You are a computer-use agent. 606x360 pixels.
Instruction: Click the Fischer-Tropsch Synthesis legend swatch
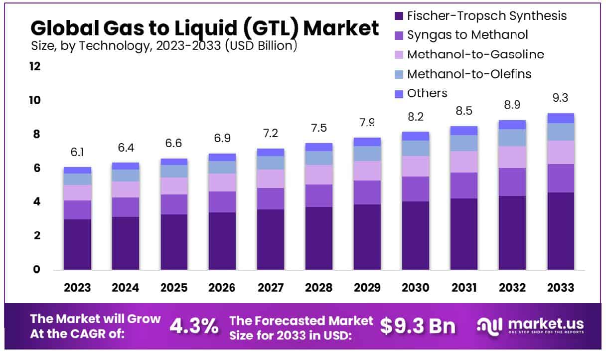399,16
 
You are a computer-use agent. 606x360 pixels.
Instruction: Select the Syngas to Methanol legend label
467,35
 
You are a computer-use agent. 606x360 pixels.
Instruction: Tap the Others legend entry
427,93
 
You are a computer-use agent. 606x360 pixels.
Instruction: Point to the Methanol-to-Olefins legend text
469,74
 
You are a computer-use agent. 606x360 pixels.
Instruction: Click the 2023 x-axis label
77,288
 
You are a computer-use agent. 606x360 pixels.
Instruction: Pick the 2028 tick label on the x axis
319,288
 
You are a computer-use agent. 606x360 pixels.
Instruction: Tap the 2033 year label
561,288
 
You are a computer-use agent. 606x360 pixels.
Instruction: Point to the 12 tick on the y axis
35,67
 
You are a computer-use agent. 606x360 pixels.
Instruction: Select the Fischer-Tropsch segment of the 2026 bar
222,241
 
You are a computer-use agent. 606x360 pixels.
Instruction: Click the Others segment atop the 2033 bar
561,118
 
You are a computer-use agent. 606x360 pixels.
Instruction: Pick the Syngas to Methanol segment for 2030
416,189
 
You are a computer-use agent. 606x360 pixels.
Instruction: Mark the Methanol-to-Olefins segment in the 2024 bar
126,176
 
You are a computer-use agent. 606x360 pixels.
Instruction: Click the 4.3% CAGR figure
194,326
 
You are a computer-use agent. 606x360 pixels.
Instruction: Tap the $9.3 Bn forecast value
418,326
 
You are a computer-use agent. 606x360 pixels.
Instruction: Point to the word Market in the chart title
341,28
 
